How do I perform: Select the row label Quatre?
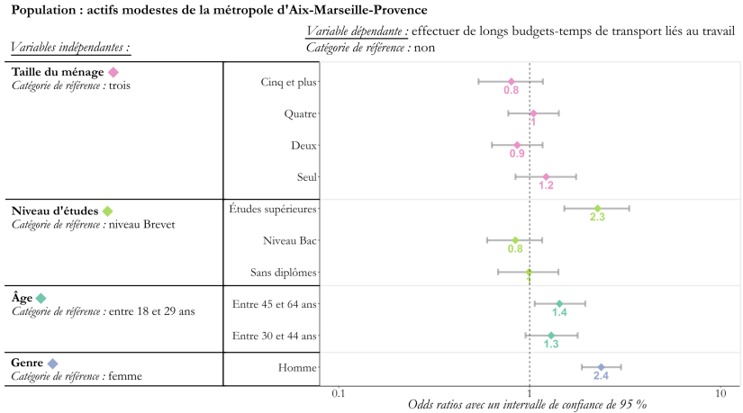[x=300, y=113]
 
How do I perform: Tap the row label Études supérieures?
[x=273, y=209]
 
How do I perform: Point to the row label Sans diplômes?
[x=284, y=273]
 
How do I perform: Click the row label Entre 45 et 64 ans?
[x=275, y=304]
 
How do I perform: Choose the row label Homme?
[x=298, y=367]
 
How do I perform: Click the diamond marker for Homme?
[x=601, y=367]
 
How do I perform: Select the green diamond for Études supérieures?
[x=597, y=209]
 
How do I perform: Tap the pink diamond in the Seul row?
[x=546, y=177]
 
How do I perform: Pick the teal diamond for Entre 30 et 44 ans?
[x=551, y=336]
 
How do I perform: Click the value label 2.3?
[x=597, y=218]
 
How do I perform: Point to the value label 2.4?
[x=601, y=376]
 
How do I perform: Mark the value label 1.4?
[x=559, y=313]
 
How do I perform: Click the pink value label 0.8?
[x=511, y=91]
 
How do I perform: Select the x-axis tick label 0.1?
[x=338, y=393]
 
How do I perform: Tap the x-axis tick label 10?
[x=720, y=393]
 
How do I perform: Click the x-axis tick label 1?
[x=530, y=393]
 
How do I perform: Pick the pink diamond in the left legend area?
[x=113, y=72]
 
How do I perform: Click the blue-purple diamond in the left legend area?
[x=52, y=364]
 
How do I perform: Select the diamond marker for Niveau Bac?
[x=515, y=240]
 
